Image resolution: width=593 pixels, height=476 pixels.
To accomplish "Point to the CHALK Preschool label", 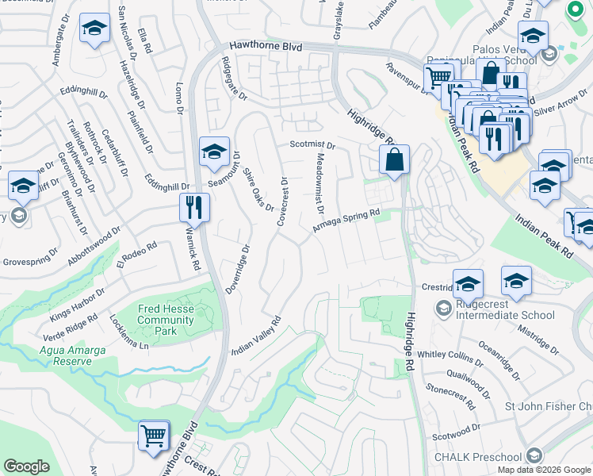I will (x=477, y=456).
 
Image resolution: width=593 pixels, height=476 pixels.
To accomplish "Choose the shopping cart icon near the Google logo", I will (x=154, y=435).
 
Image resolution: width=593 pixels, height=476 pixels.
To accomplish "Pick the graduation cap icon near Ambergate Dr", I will (x=94, y=30).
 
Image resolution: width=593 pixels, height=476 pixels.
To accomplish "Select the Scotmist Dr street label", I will (x=312, y=146).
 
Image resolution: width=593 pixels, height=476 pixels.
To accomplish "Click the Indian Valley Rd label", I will (x=257, y=336).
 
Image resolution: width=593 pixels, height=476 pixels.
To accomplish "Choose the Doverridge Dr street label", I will (x=237, y=269).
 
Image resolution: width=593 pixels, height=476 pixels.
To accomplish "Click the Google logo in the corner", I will (x=26, y=466).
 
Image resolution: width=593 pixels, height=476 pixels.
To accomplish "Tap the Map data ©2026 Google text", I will (x=543, y=470).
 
